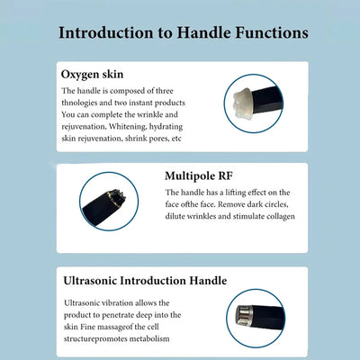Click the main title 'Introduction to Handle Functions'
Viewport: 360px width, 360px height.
[183, 33]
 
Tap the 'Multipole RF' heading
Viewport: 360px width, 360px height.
[204, 175]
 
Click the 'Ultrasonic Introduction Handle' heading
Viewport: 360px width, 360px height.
[145, 281]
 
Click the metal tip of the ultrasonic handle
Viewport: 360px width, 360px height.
[242, 315]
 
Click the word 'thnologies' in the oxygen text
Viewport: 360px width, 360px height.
[82, 103]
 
